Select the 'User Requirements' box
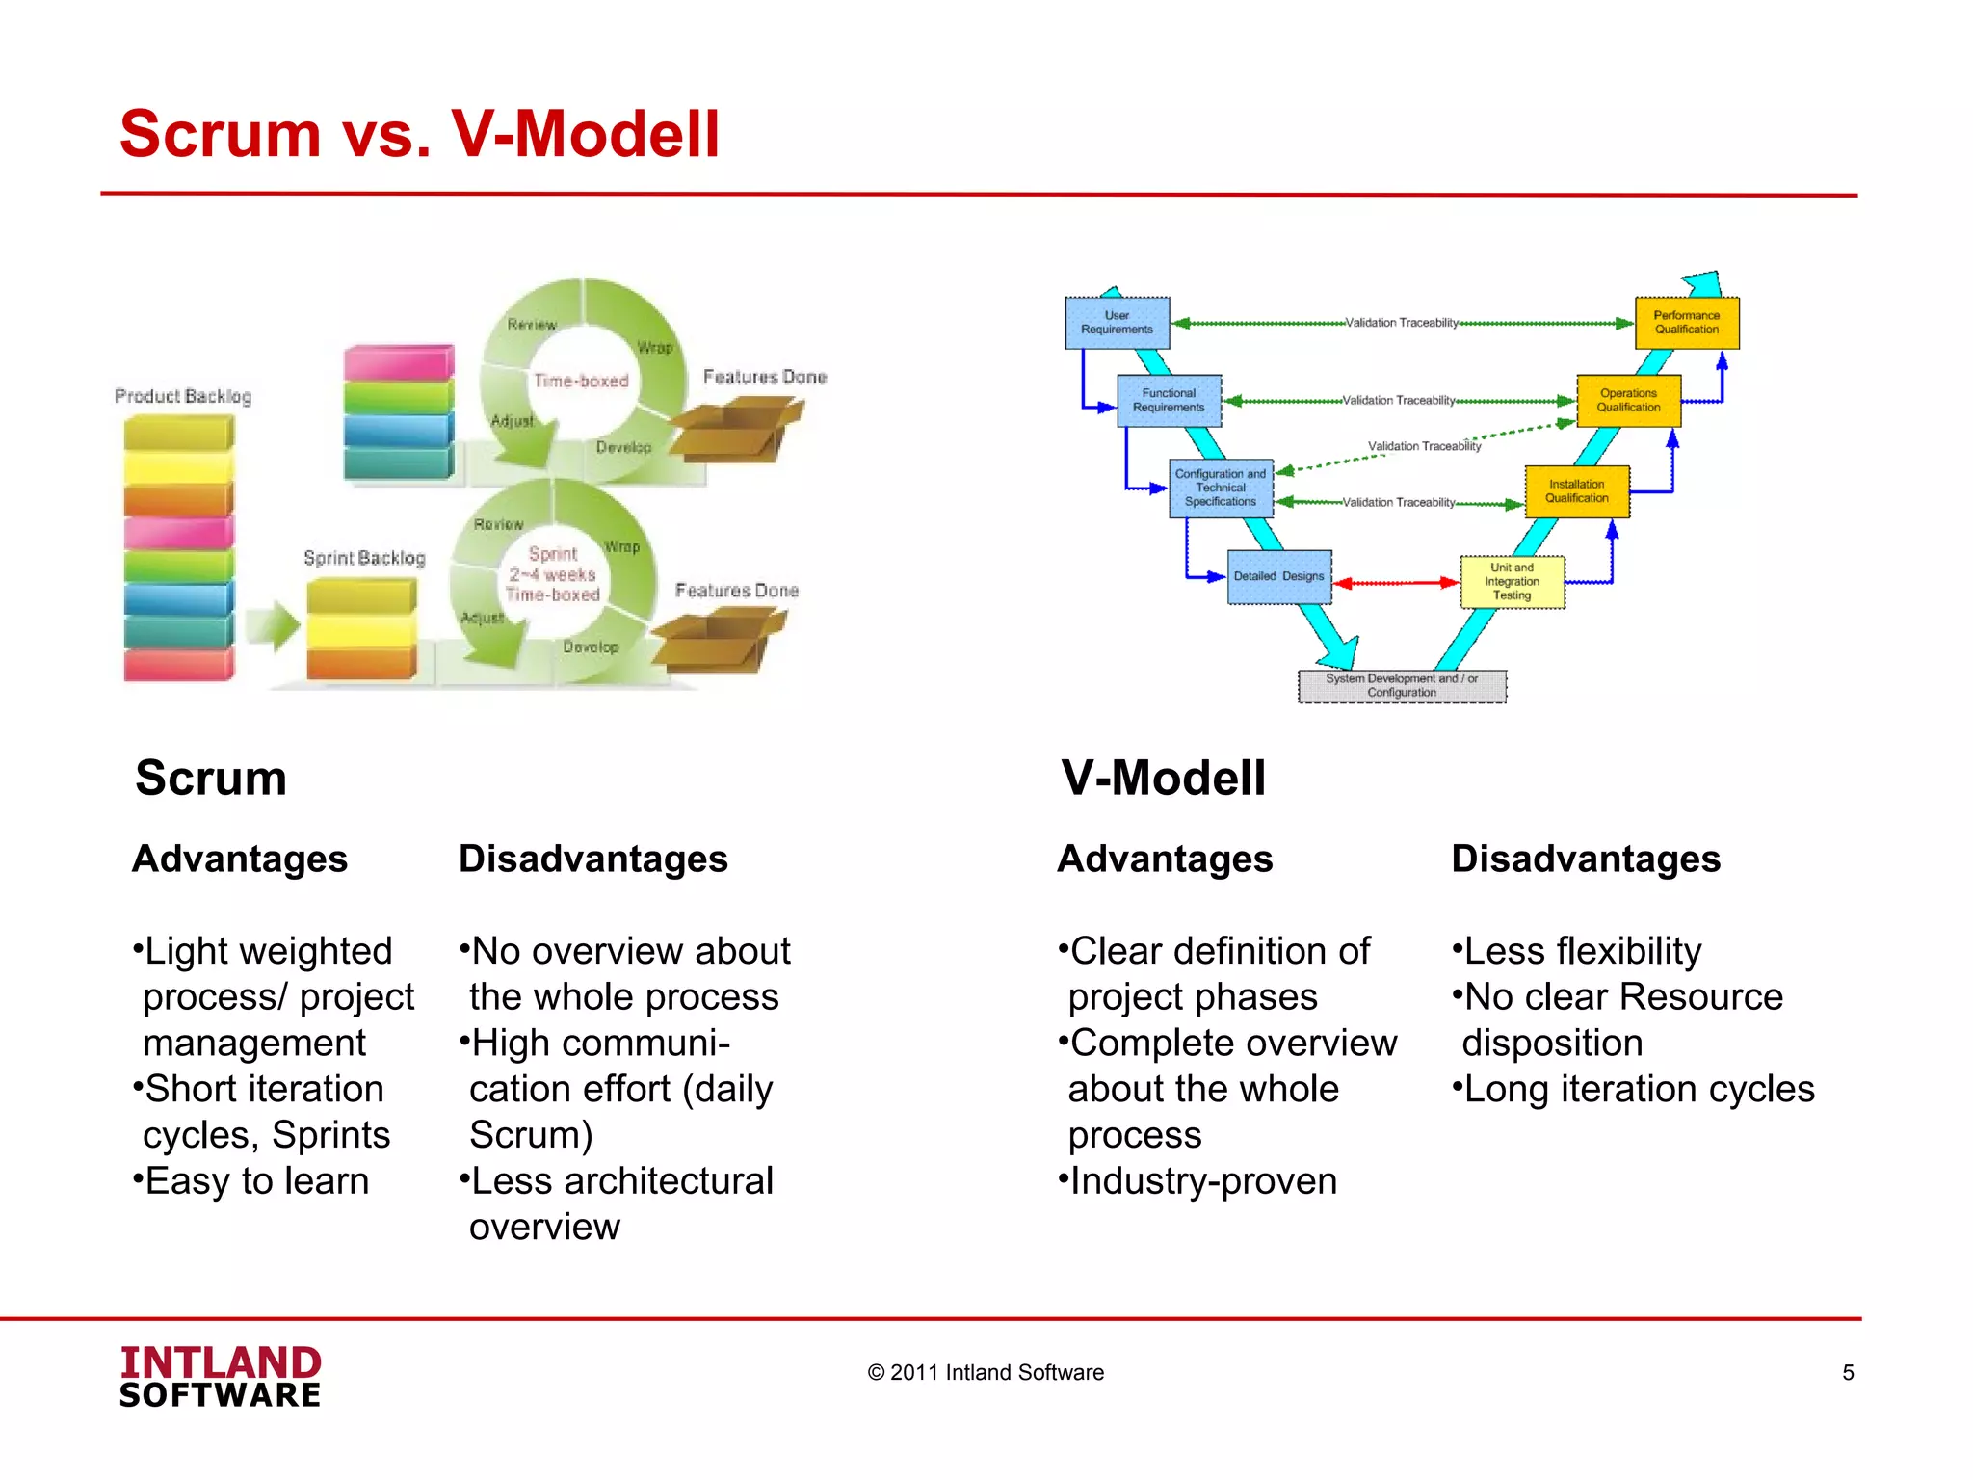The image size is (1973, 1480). (x=1117, y=323)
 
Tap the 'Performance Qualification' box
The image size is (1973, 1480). (x=1686, y=323)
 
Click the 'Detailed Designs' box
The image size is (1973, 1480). (x=1278, y=576)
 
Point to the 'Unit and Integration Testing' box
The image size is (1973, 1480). (x=1512, y=582)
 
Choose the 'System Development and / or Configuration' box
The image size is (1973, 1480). (x=1401, y=686)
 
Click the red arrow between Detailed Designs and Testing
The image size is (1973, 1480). (x=1396, y=583)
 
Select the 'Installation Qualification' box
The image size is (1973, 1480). (x=1576, y=491)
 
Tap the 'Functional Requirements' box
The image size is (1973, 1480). (x=1169, y=401)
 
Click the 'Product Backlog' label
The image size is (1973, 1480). (x=183, y=396)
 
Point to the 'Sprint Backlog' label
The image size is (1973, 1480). (x=364, y=558)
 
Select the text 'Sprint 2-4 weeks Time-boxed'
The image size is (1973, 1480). (x=553, y=574)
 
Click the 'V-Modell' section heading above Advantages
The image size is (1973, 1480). (x=1163, y=778)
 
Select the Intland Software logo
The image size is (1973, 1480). (x=221, y=1377)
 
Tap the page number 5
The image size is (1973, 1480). (x=1847, y=1373)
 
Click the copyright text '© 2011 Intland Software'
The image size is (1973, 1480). (x=986, y=1373)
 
